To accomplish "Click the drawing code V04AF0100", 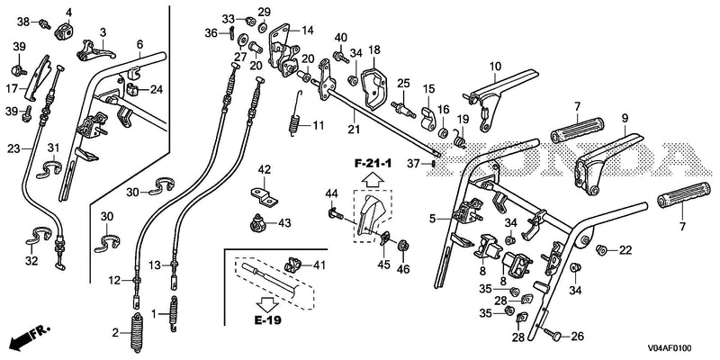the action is point(670,348).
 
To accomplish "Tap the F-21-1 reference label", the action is point(373,163).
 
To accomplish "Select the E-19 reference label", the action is point(267,320).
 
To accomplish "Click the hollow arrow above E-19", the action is point(267,303).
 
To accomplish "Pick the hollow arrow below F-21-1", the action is point(373,178).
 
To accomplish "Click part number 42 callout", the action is point(265,170).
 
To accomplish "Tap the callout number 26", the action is point(577,337).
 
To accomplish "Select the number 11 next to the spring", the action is point(319,125).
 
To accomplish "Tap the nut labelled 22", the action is point(601,250).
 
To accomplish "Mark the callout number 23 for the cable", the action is point(13,148).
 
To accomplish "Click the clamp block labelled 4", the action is point(65,31).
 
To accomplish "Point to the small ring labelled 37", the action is point(434,163).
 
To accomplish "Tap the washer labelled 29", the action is point(263,27).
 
